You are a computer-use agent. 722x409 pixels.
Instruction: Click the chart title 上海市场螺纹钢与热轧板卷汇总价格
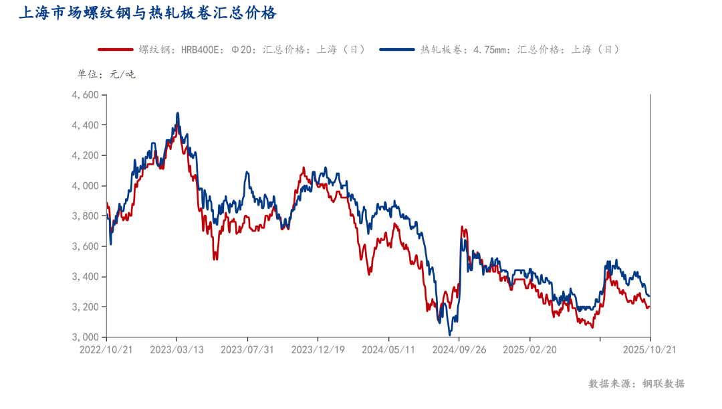coord(147,13)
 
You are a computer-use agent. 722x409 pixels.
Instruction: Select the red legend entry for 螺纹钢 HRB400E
coord(231,50)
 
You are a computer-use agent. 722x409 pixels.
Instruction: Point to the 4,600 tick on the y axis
coord(86,95)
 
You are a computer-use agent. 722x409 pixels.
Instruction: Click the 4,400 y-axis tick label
coord(86,125)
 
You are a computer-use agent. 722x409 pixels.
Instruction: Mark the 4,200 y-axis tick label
coord(86,155)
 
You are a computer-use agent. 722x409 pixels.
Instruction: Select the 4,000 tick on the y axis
coord(86,186)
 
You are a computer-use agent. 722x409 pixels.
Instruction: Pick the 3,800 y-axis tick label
coord(86,216)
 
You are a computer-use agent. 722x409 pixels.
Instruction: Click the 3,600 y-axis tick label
coord(86,246)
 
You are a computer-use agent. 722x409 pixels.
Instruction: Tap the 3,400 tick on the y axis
coord(86,276)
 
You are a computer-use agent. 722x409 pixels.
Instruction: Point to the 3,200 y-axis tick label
coord(86,307)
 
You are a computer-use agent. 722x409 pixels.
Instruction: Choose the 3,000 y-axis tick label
coord(86,337)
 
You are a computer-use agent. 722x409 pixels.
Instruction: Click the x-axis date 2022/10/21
coord(106,349)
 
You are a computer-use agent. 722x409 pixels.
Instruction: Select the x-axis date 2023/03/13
coord(176,349)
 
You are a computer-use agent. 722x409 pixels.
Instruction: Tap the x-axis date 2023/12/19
coord(318,349)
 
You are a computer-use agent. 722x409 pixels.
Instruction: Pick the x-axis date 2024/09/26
coord(459,349)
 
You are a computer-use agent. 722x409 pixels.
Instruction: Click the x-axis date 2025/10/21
coord(650,349)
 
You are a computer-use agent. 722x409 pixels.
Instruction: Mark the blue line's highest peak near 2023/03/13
coord(177,113)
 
